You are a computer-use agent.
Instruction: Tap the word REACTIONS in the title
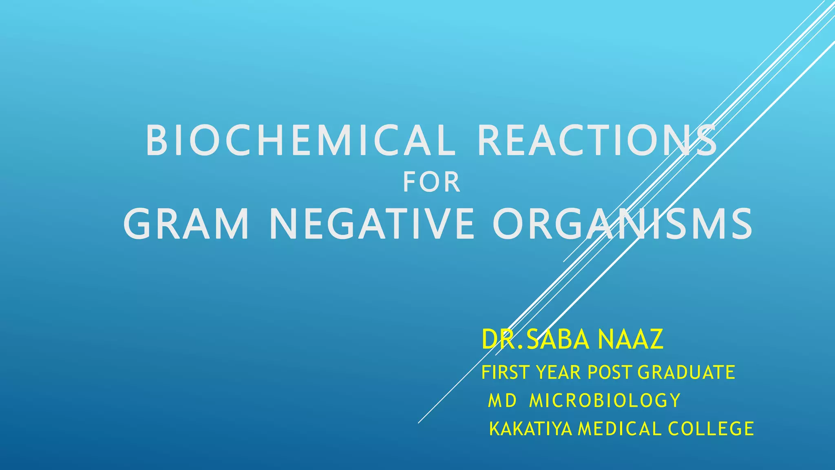(x=597, y=141)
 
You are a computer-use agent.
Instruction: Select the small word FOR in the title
(x=431, y=182)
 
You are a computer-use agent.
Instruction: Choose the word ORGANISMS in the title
(x=622, y=224)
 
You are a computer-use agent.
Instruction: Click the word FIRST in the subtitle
(x=505, y=372)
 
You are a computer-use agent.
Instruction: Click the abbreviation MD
(x=502, y=401)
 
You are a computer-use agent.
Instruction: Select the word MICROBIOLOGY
(x=605, y=401)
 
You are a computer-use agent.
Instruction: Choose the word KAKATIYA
(x=530, y=429)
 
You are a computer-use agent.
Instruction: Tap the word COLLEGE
(x=711, y=429)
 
